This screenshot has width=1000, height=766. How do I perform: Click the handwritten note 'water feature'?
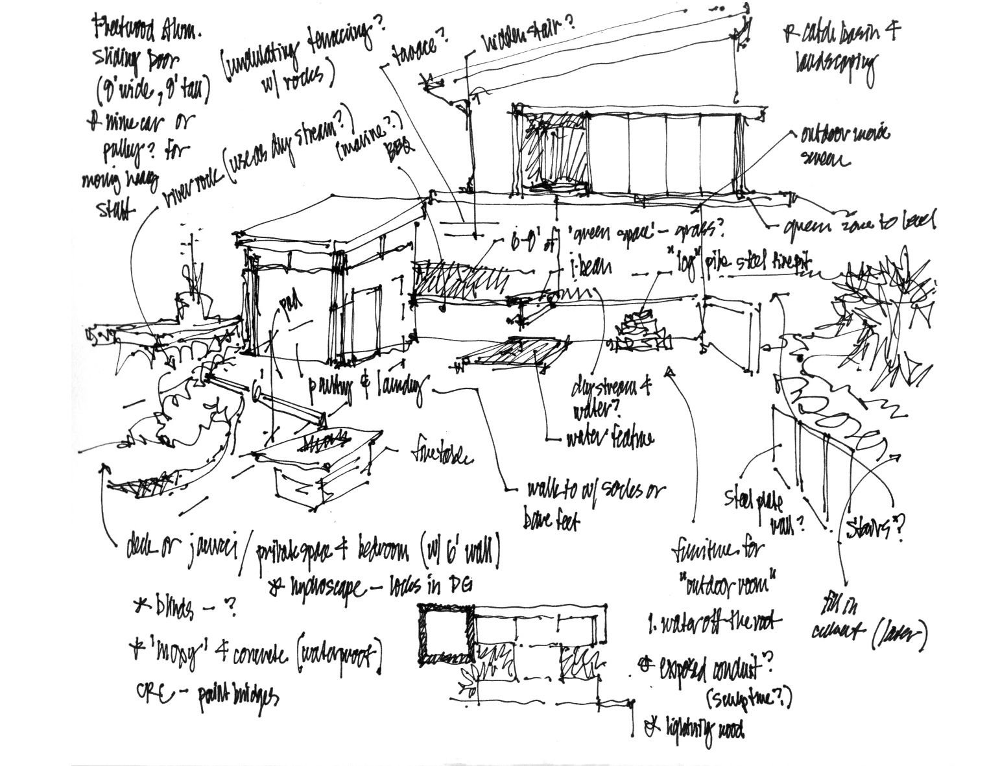610,439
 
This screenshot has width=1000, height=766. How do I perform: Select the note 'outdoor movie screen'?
844,146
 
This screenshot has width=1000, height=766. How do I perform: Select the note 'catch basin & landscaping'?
837,49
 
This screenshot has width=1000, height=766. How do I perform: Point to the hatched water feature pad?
512,355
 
